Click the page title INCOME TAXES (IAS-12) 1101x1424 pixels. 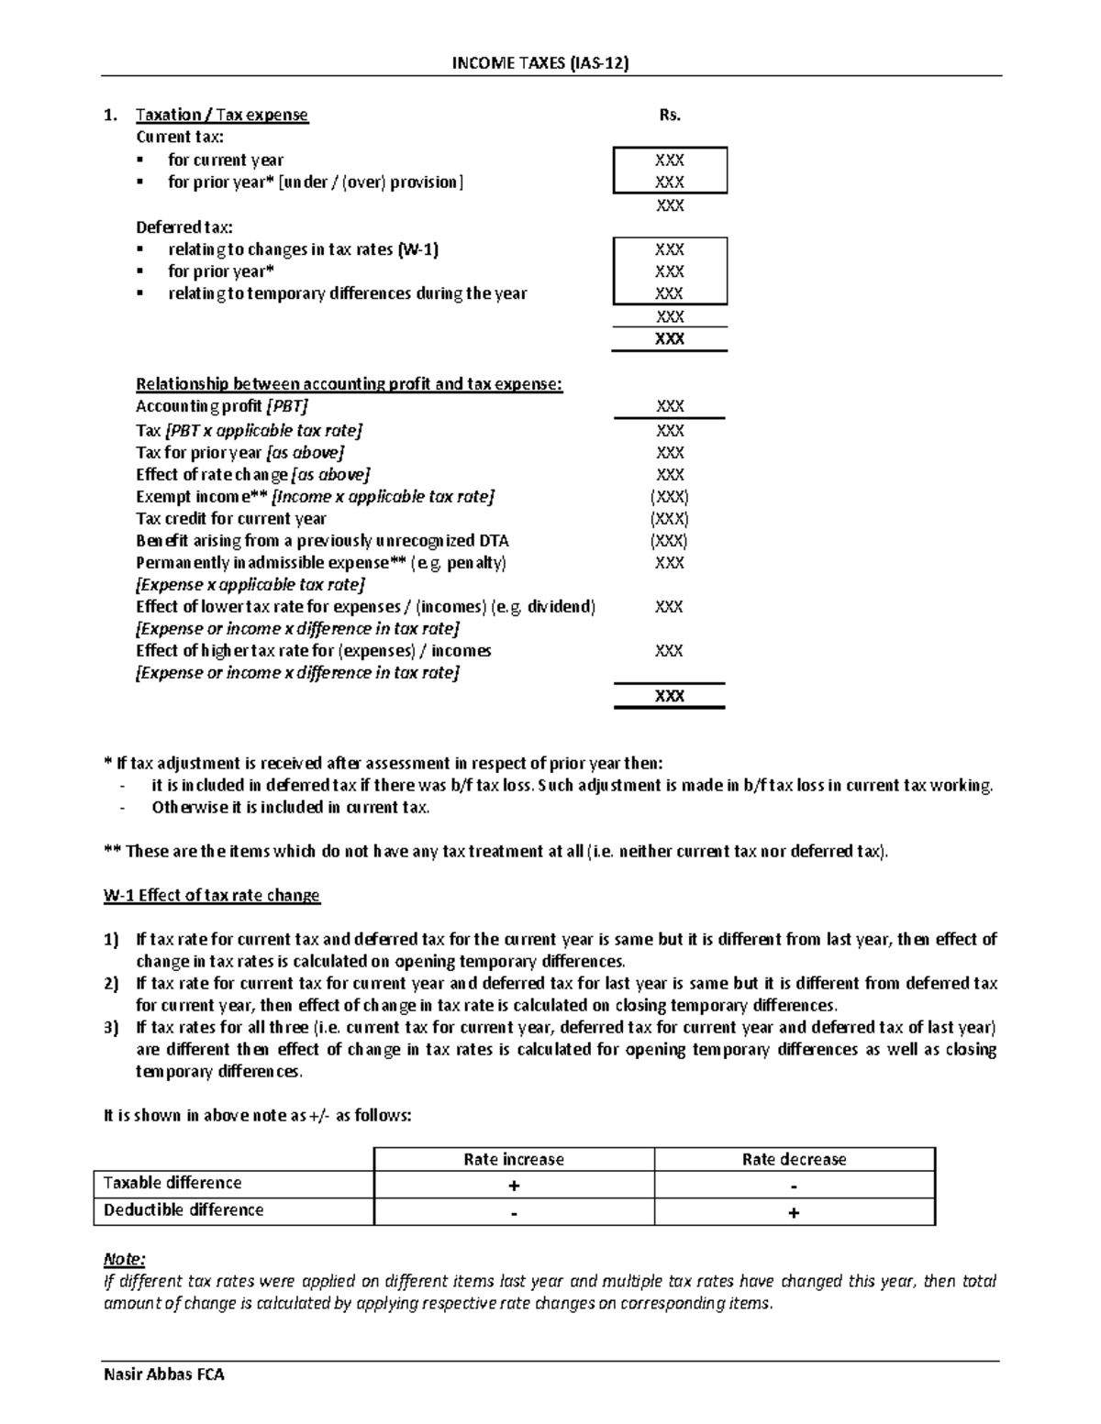[x=541, y=63]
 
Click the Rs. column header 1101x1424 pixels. [x=670, y=115]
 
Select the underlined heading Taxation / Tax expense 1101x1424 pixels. [x=222, y=115]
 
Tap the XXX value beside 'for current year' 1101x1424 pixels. [x=670, y=160]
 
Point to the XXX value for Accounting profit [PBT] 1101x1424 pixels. [x=670, y=406]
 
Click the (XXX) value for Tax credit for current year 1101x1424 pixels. [x=670, y=519]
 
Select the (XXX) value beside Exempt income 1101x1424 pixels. [x=670, y=497]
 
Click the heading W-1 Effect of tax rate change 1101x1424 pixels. [x=212, y=896]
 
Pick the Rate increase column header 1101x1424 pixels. [x=514, y=1160]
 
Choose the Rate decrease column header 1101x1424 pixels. [x=794, y=1160]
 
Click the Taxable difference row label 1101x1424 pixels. [x=172, y=1183]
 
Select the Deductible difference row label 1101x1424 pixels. [x=183, y=1210]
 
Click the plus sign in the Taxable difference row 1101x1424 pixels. [x=514, y=1186]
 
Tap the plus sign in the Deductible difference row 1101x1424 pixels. [x=794, y=1213]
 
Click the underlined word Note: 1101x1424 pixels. [x=124, y=1260]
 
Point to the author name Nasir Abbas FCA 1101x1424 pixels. [x=164, y=1374]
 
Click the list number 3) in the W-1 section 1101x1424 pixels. [x=111, y=1028]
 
